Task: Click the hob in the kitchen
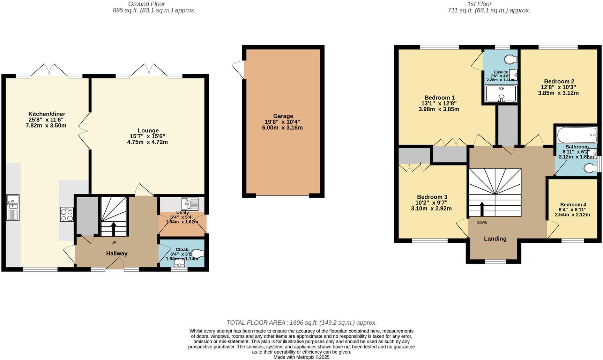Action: pyautogui.click(x=67, y=214)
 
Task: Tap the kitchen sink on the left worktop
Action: pyautogui.click(x=13, y=207)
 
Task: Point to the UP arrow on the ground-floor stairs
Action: pyautogui.click(x=113, y=229)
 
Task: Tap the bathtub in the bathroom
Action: pyautogui.click(x=577, y=133)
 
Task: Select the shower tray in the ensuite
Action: pyautogui.click(x=501, y=94)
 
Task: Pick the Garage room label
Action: pyautogui.click(x=283, y=116)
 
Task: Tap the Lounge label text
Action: pyautogui.click(x=148, y=131)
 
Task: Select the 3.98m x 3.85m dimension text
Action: pyautogui.click(x=439, y=109)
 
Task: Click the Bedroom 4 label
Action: pyautogui.click(x=573, y=205)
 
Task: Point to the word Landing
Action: pyautogui.click(x=495, y=238)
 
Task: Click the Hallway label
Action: pyautogui.click(x=117, y=253)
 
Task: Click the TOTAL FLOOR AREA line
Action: pyautogui.click(x=301, y=323)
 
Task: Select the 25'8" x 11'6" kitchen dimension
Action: pyautogui.click(x=46, y=119)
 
